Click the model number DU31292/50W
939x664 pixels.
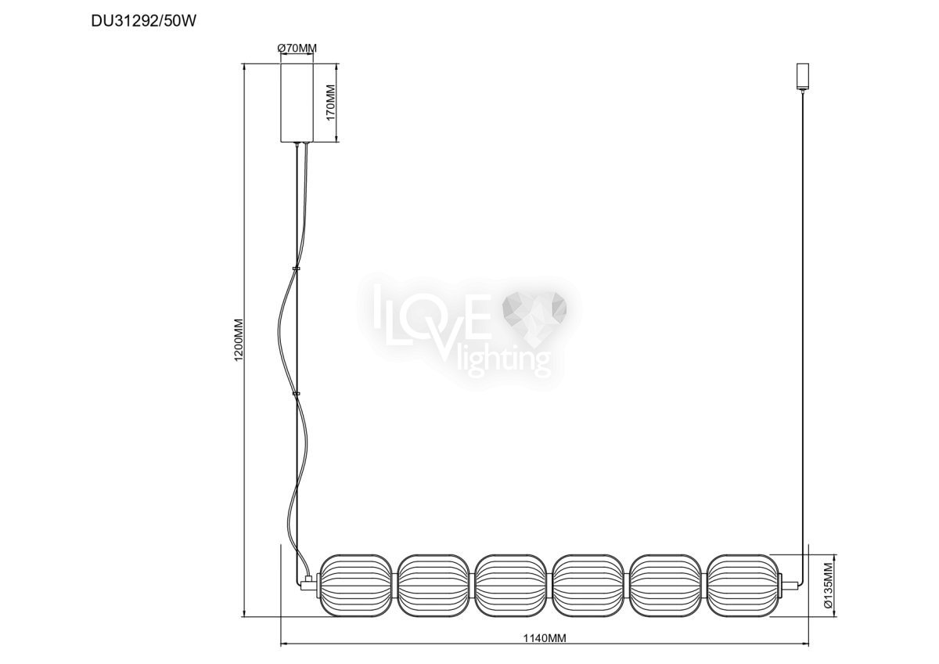click(143, 21)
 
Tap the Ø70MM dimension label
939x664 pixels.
click(297, 49)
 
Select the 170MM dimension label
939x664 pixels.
click(331, 103)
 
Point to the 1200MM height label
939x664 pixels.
click(239, 340)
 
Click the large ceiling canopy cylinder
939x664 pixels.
click(297, 103)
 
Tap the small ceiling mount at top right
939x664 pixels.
click(802, 76)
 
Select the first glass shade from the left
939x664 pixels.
click(356, 586)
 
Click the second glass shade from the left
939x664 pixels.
click(433, 586)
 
